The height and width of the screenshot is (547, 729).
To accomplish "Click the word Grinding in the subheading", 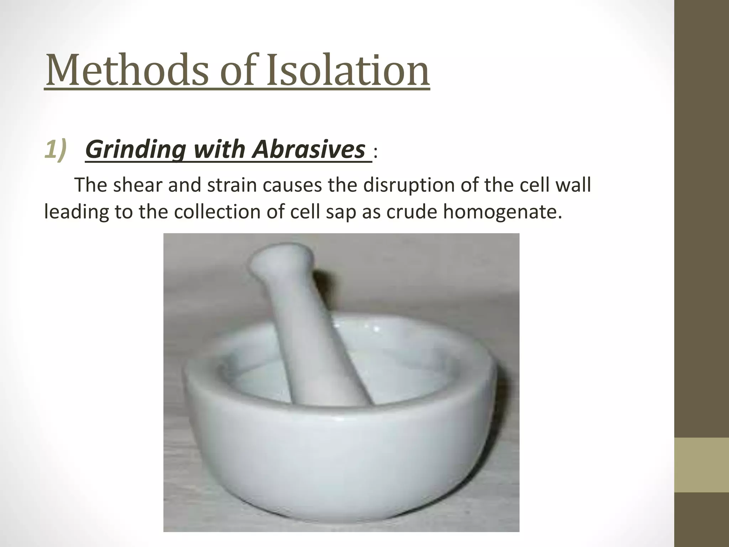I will point(135,150).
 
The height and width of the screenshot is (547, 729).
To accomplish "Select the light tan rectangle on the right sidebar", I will point(702,465).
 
